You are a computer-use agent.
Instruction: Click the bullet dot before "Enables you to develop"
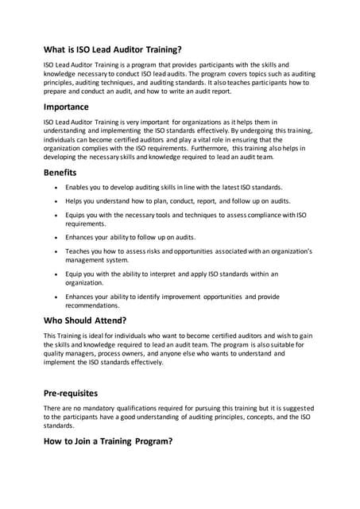point(56,187)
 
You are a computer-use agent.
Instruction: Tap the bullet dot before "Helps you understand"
point(56,201)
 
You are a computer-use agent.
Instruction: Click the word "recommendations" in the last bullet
point(91,305)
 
